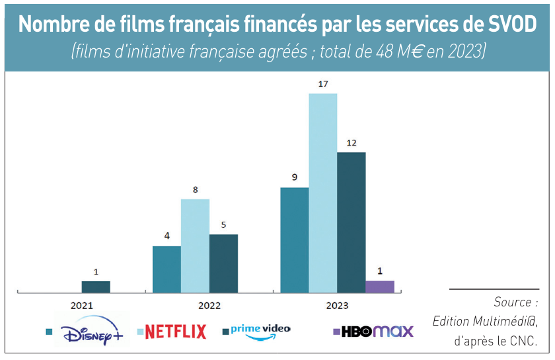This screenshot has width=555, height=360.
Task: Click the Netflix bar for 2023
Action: click(x=322, y=193)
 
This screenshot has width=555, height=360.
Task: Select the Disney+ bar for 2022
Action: click(x=166, y=269)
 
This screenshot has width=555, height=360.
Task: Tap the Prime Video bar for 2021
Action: click(x=96, y=286)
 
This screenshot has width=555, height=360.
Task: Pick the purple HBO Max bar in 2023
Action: click(x=379, y=286)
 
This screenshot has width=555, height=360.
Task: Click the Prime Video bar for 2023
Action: click(x=351, y=222)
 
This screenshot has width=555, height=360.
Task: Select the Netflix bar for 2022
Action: click(x=195, y=245)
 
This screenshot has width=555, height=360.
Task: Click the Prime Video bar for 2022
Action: click(x=223, y=263)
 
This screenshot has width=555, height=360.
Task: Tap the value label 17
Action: click(x=322, y=84)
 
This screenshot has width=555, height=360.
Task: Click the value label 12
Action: click(x=351, y=143)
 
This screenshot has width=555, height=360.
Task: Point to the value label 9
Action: click(x=295, y=177)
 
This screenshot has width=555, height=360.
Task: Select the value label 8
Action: click(x=195, y=190)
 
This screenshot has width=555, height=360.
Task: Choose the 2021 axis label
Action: click(x=82, y=306)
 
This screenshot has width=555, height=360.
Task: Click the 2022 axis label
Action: click(x=209, y=306)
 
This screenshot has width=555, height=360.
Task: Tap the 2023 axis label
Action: click(x=337, y=306)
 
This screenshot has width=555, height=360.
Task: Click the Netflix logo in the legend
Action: click(x=175, y=331)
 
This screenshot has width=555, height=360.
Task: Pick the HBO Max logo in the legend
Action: click(x=377, y=331)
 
